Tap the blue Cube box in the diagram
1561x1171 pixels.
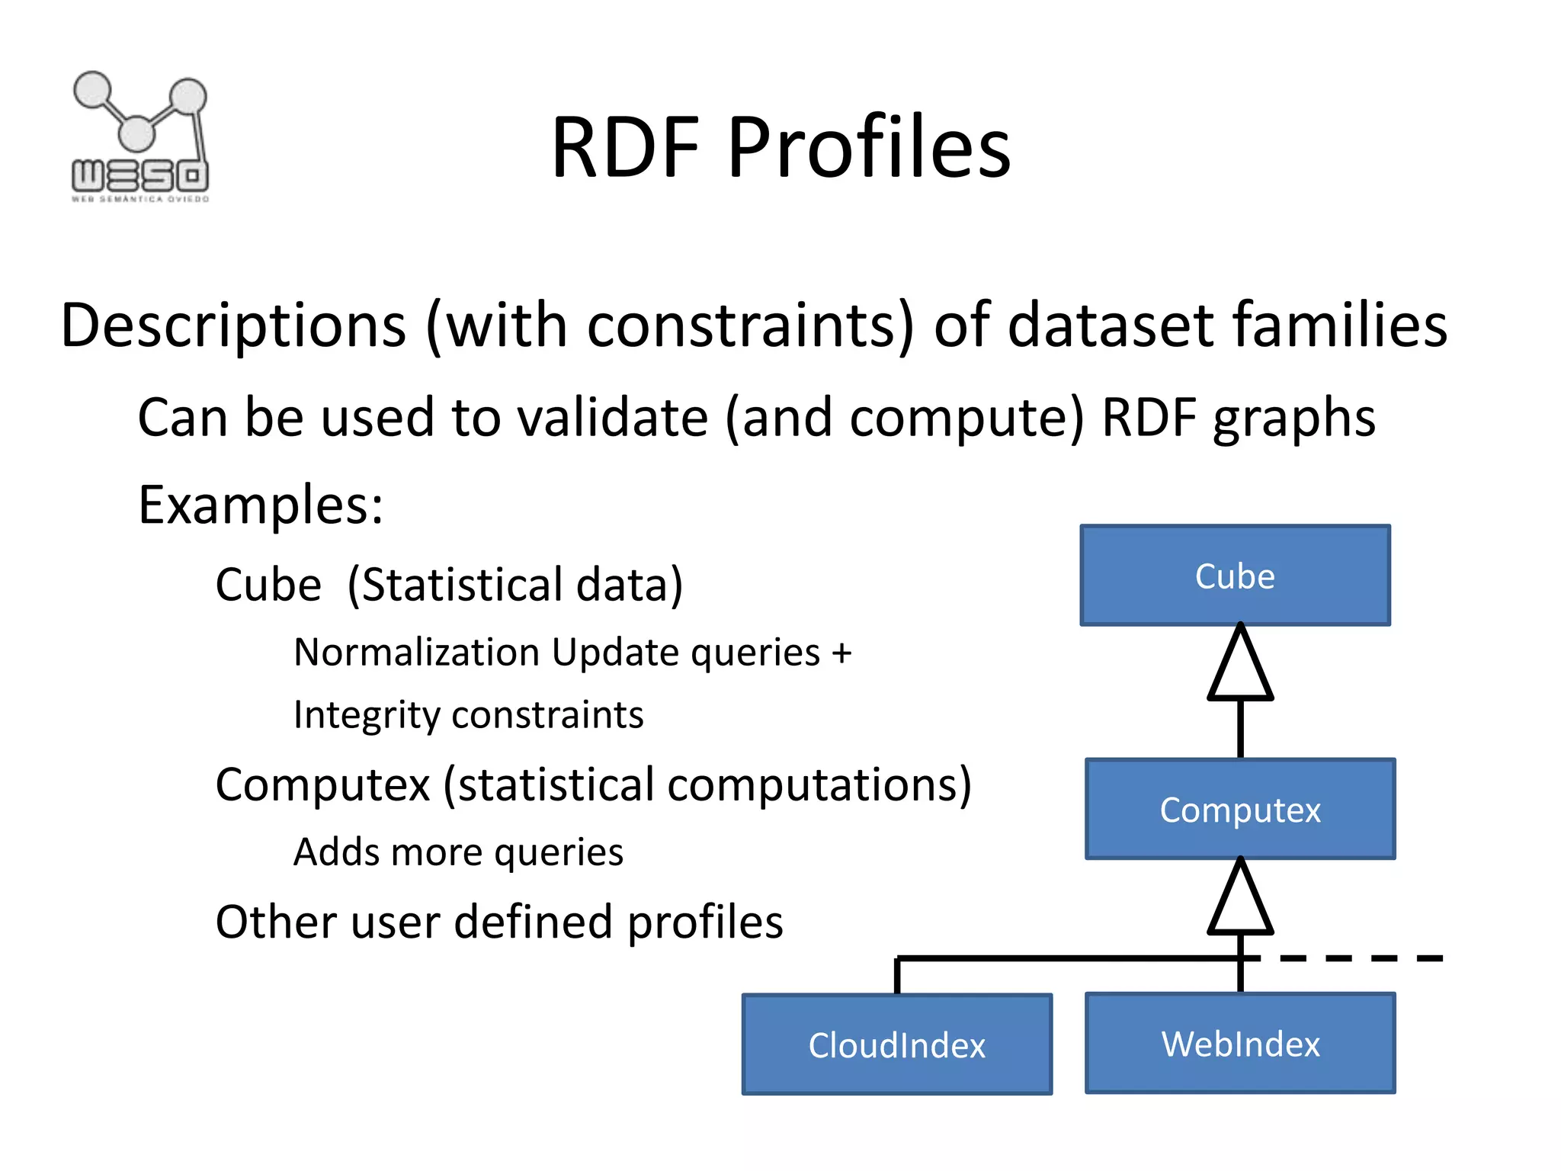1235,576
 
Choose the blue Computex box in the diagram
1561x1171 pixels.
1240,809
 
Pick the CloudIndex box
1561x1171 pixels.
897,1044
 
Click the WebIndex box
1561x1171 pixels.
1240,1043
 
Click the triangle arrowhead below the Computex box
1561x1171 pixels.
1240,898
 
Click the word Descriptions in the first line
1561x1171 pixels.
233,326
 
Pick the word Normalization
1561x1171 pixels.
417,653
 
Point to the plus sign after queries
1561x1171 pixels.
841,653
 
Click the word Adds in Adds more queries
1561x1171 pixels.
336,852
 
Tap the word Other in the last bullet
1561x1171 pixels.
276,922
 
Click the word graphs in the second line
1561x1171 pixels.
1293,419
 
